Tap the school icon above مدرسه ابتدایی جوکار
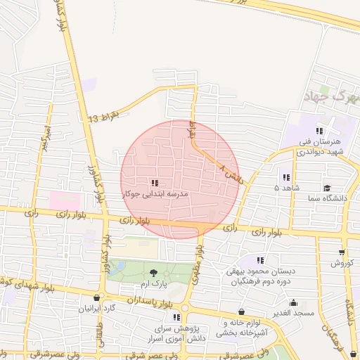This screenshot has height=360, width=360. point(154,182)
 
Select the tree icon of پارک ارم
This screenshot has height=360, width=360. point(154,273)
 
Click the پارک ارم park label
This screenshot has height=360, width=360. point(154,283)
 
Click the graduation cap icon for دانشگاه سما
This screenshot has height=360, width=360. point(327,188)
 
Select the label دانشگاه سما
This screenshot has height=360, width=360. point(326,198)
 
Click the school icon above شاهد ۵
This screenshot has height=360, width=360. point(286,177)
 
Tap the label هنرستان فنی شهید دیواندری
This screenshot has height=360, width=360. point(319,146)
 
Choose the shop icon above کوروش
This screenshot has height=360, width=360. point(342,252)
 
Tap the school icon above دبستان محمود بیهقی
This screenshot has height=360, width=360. point(261,261)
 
